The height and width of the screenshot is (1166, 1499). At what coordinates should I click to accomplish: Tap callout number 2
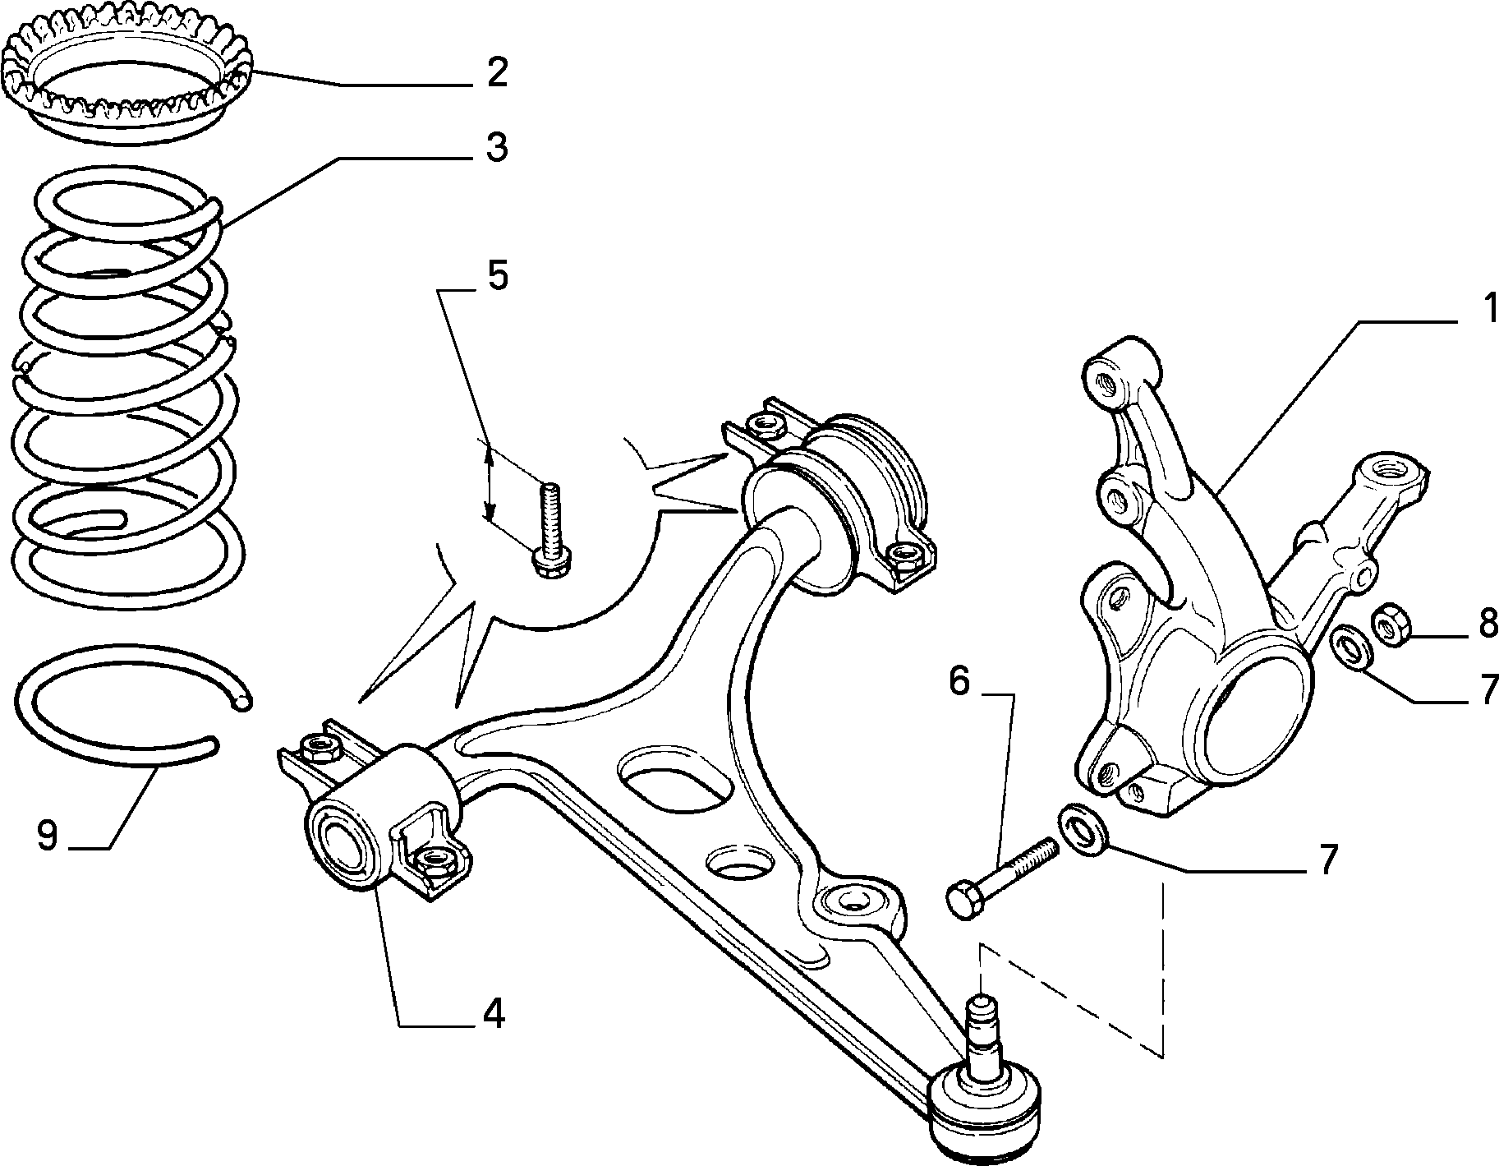495,72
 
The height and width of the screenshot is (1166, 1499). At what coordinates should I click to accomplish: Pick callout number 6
959,682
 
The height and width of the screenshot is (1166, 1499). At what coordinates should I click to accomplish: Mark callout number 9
47,837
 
